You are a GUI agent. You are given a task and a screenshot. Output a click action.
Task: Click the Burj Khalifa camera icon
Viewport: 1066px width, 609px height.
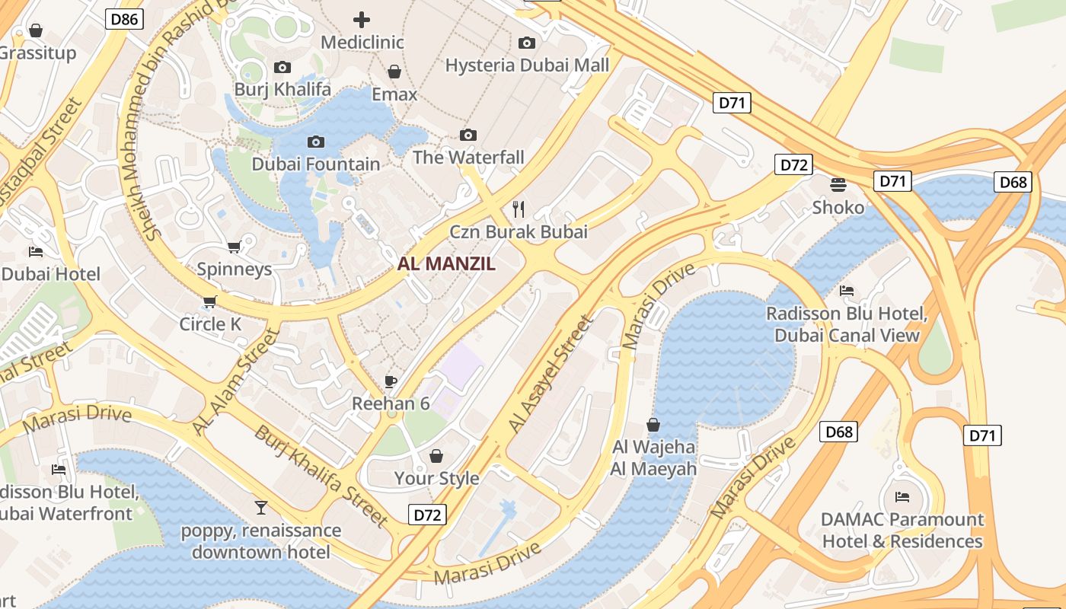(x=282, y=68)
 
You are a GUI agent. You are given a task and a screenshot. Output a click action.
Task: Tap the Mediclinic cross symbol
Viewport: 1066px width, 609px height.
(x=362, y=20)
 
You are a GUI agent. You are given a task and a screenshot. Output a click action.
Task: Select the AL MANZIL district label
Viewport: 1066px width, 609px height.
(x=446, y=264)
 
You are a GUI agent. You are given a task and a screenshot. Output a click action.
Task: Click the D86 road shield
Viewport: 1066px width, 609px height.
(x=124, y=19)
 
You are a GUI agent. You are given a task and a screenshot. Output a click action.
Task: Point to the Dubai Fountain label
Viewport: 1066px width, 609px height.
(x=316, y=164)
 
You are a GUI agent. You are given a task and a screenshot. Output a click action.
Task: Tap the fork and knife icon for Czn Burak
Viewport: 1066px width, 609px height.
(x=519, y=209)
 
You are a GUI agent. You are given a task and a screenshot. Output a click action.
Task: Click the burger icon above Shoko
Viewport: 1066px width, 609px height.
(x=838, y=185)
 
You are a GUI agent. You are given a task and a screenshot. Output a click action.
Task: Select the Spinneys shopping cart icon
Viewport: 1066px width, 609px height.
(x=235, y=247)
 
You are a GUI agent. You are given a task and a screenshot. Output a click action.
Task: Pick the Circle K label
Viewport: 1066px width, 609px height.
(x=210, y=324)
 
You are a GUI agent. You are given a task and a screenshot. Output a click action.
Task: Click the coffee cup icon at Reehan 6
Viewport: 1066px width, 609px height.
(x=391, y=381)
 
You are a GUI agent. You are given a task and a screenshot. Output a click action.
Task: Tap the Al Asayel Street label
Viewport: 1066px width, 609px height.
(x=551, y=375)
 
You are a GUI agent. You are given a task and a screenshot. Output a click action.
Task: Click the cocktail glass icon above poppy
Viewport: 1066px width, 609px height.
(x=261, y=507)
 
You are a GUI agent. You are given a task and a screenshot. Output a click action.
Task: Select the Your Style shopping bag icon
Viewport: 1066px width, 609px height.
(x=436, y=456)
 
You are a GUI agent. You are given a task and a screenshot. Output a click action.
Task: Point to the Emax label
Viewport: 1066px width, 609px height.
(x=394, y=94)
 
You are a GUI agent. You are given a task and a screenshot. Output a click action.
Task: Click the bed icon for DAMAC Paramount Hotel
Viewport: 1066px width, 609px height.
(x=902, y=497)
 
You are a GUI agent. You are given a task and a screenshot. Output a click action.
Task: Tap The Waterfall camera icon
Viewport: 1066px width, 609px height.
(x=468, y=136)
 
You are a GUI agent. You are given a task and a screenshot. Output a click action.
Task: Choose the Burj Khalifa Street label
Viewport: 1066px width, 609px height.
(x=321, y=477)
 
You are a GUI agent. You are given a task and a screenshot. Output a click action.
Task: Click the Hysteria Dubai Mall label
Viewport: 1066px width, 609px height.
(x=527, y=65)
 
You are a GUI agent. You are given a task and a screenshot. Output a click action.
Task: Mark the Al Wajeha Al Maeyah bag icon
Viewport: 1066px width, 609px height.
(x=653, y=425)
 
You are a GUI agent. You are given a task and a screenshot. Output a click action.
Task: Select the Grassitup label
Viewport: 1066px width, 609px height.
(x=38, y=53)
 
